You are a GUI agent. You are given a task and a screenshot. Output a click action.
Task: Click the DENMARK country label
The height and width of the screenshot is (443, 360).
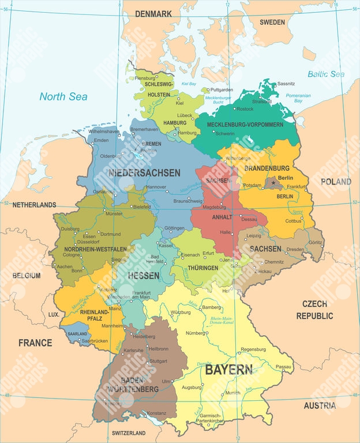point(154,13)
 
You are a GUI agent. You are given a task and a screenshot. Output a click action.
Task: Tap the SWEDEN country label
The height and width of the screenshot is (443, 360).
point(272,22)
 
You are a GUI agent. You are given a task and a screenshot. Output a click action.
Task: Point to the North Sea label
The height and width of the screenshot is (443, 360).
point(63,96)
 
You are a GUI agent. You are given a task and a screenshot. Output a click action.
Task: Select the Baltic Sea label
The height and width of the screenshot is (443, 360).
point(325,74)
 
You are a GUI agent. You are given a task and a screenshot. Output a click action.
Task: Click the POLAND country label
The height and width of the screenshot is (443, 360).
point(336,182)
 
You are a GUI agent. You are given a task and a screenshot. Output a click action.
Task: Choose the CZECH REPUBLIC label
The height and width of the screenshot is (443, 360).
point(314,310)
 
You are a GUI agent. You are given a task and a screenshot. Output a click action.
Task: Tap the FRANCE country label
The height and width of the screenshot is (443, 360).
point(35,343)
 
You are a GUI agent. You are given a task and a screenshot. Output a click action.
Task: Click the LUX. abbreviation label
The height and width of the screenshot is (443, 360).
point(54,314)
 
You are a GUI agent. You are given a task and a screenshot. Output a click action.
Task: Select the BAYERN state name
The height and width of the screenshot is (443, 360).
point(228,370)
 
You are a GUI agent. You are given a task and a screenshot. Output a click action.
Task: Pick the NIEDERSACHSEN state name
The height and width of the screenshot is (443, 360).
point(144,172)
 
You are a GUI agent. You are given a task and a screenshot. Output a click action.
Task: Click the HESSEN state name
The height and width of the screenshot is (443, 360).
point(144,276)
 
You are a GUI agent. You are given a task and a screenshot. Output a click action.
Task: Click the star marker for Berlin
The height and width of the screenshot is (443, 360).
point(273,183)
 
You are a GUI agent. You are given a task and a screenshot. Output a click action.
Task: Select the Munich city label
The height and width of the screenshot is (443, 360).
point(233,393)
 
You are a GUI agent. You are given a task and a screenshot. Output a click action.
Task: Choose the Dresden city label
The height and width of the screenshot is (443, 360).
point(295,250)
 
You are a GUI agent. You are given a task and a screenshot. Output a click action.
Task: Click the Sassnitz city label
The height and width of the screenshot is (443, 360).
point(286,84)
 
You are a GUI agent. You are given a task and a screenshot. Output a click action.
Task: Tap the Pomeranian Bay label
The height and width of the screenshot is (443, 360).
point(314,97)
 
